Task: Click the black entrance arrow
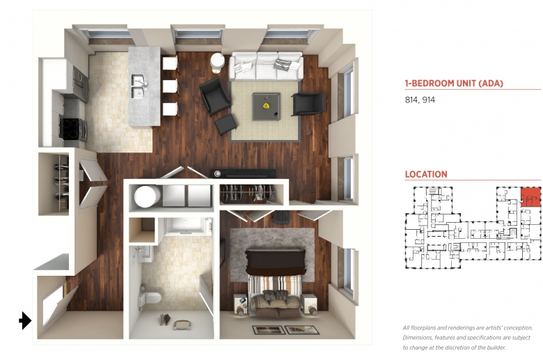click(x=25, y=320)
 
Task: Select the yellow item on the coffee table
click(x=266, y=106)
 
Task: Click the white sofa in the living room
click(x=266, y=66)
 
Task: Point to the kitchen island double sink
click(x=139, y=86)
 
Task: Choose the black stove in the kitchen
click(x=72, y=130)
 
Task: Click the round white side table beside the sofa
click(x=217, y=63)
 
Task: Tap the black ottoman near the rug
click(x=226, y=125)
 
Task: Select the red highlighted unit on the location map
click(x=530, y=198)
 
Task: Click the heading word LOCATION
click(x=426, y=174)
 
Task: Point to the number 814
click(x=411, y=100)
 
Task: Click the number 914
click(x=429, y=100)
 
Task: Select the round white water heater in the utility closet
click(x=146, y=196)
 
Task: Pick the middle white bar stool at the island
click(x=171, y=86)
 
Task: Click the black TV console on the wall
click(x=244, y=173)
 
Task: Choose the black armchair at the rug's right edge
click(x=308, y=103)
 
